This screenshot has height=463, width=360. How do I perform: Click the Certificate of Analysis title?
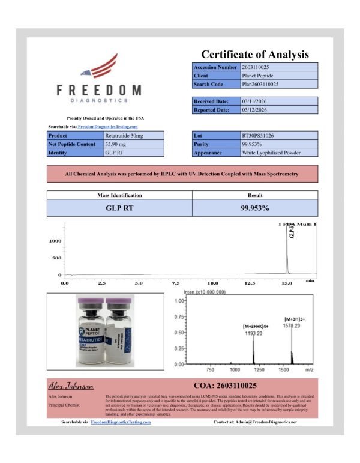tap(255, 54)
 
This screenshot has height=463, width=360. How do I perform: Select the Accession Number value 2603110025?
tap(260, 67)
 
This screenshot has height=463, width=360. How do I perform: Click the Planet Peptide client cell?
tap(257, 76)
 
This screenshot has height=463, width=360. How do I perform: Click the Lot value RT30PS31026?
tap(257, 136)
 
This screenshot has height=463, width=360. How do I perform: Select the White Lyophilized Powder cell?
tap(271, 153)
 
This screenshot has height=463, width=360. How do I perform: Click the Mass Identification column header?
tap(119, 195)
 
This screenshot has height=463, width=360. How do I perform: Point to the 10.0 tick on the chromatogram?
tap(213, 282)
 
